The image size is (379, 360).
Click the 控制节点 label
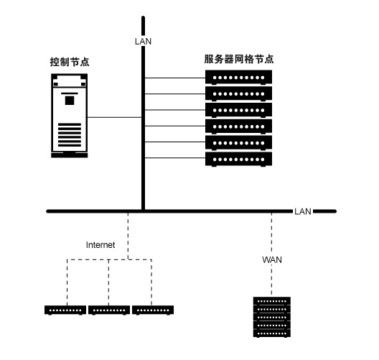(x=70, y=62)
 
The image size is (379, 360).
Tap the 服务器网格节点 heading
(x=239, y=59)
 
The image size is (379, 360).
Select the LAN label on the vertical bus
(x=143, y=42)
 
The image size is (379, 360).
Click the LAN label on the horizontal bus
(x=303, y=211)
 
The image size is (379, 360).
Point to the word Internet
(x=100, y=245)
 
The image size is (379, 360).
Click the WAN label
(x=272, y=260)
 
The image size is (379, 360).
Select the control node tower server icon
(x=70, y=116)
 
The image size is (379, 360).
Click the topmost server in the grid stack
(x=238, y=78)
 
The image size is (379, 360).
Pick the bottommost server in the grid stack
(x=238, y=160)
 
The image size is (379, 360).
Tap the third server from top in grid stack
(x=238, y=110)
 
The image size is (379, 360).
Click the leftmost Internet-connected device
(x=65, y=310)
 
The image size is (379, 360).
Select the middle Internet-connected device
(x=109, y=310)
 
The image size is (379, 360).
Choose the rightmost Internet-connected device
(x=153, y=310)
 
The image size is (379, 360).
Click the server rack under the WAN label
(x=272, y=317)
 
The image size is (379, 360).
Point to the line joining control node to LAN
(x=114, y=117)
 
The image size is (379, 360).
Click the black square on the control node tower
(x=70, y=101)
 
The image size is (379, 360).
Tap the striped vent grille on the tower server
(x=70, y=135)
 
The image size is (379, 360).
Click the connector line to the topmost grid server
(x=175, y=78)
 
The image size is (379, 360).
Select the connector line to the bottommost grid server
(x=175, y=158)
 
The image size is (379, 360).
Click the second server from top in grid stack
(x=238, y=93)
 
